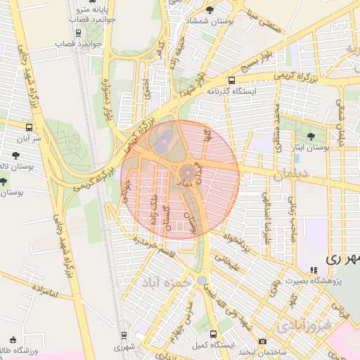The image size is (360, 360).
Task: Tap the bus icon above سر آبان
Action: coord(29,127)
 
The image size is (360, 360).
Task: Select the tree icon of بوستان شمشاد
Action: coord(210,9)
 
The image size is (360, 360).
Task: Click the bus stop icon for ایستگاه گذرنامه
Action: coord(232,80)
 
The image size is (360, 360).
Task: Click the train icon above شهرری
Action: coord(124,335)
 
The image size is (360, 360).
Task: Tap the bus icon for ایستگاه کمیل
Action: coord(214,334)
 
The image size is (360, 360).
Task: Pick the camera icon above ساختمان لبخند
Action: coord(262,341)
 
